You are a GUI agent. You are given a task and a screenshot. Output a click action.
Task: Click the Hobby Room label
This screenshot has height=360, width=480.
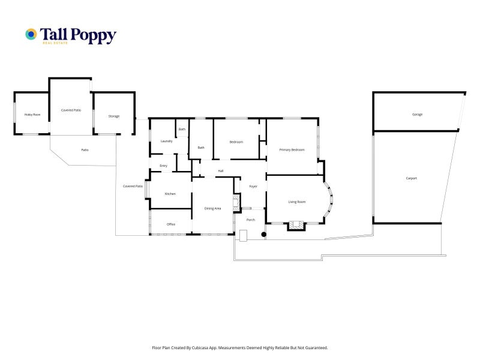pyautogui.click(x=32, y=114)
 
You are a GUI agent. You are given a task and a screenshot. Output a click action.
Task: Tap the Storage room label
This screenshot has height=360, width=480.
pyautogui.click(x=114, y=116)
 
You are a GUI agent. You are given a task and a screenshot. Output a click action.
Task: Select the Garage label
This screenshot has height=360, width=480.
pyautogui.click(x=417, y=114)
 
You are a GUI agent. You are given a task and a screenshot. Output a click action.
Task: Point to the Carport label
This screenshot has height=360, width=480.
pyautogui.click(x=411, y=178)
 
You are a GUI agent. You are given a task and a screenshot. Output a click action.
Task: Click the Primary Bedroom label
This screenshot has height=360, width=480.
pyautogui.click(x=292, y=149)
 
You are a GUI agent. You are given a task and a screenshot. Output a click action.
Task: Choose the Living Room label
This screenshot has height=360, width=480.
pyautogui.click(x=297, y=202)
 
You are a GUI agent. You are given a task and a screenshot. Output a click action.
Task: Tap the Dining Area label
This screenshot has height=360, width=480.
pyautogui.click(x=213, y=208)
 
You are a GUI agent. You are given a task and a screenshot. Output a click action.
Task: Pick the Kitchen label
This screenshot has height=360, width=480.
pyautogui.click(x=170, y=194)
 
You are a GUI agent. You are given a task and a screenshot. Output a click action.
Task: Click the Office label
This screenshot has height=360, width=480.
pyautogui.click(x=171, y=224)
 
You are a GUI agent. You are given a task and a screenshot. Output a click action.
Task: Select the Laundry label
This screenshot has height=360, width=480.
pyautogui.click(x=167, y=141)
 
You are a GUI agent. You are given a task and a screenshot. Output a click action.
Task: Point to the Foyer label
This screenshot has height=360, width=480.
pyautogui.click(x=253, y=187)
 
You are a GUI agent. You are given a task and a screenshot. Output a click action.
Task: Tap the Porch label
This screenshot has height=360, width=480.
pyautogui.click(x=251, y=220)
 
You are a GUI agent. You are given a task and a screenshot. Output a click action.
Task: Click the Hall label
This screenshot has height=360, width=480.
pyautogui.click(x=221, y=171)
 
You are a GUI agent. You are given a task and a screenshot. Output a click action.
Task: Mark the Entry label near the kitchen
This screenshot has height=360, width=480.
pyautogui.click(x=163, y=166)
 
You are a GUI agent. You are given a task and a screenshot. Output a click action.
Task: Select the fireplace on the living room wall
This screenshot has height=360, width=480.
pyautogui.click(x=295, y=226)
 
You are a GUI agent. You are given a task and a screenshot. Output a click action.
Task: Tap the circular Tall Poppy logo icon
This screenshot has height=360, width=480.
pyautogui.click(x=31, y=34)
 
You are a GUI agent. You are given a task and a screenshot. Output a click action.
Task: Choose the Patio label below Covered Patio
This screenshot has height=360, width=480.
pyautogui.click(x=85, y=149)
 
